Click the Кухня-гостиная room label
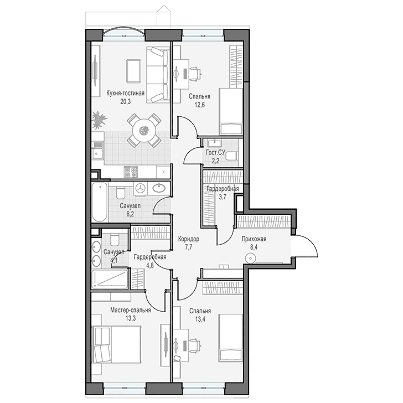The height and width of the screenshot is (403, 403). pyautogui.click(x=126, y=93)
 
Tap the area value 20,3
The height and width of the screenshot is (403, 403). pyautogui.click(x=126, y=101)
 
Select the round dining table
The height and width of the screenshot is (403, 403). pyautogui.click(x=144, y=130)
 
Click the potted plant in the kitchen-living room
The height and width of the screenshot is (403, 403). pyautogui.click(x=99, y=120)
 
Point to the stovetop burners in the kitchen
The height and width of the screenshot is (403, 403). pyautogui.click(x=131, y=172)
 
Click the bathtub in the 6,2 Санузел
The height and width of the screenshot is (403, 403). pyautogui.click(x=100, y=202)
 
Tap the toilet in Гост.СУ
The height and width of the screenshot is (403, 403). pyautogui.click(x=231, y=156)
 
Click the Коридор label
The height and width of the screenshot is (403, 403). pyautogui.click(x=189, y=239)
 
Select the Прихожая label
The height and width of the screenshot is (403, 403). pyautogui.click(x=254, y=239)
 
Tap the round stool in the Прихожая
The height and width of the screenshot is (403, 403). pyautogui.click(x=250, y=258)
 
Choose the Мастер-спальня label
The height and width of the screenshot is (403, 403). pyautogui.click(x=131, y=310)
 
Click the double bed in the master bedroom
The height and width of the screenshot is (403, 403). pyautogui.click(x=116, y=344)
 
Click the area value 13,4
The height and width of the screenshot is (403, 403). pyautogui.click(x=200, y=319)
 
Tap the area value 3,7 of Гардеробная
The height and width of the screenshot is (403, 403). pyautogui.click(x=223, y=197)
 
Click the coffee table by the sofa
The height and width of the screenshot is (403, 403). pyautogui.click(x=133, y=71)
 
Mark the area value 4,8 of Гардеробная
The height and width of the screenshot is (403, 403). pyautogui.click(x=150, y=265)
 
